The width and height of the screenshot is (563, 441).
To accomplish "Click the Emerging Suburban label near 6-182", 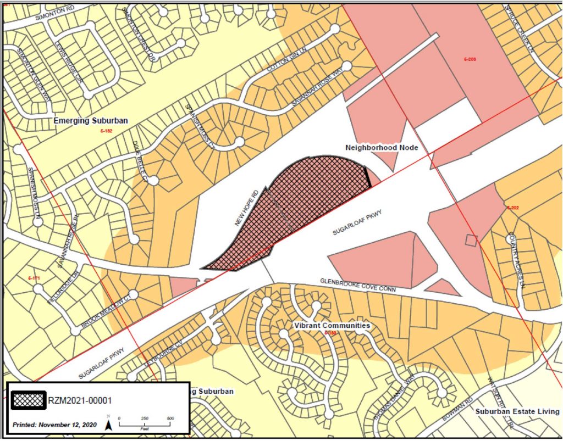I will coord(91,120).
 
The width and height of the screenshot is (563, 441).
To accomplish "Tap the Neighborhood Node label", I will coord(382,148).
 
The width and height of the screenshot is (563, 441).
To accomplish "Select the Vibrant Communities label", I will coord(332,326).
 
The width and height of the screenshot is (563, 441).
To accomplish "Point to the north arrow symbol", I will coord(109,424).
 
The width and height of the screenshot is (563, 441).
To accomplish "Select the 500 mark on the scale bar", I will coord(170,418).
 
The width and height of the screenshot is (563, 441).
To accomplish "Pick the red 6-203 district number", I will coord(470,59).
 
